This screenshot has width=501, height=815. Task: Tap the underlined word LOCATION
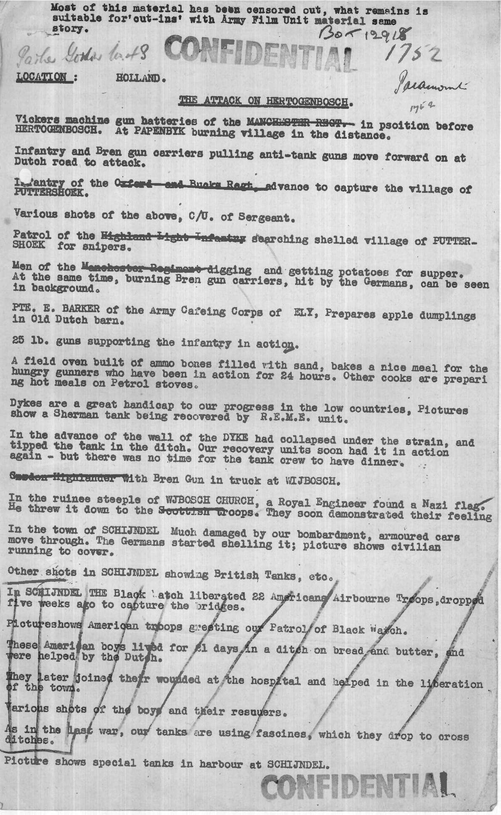tap(41, 77)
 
